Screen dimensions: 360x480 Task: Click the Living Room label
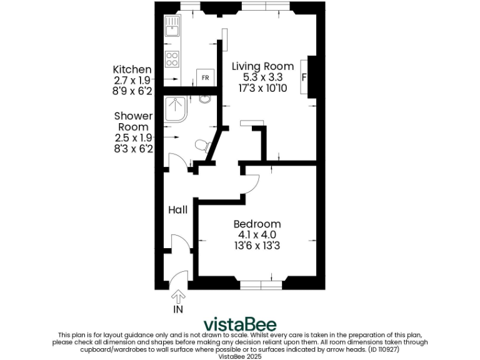click(x=262, y=66)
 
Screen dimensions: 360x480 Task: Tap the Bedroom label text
click(x=257, y=224)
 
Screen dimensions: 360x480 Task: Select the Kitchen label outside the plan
click(x=132, y=69)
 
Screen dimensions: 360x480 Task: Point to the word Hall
click(x=177, y=210)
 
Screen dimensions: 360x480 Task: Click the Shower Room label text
click(x=133, y=121)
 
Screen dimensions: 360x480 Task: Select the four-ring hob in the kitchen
click(x=172, y=60)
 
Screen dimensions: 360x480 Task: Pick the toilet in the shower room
click(x=202, y=146)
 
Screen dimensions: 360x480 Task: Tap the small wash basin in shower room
click(x=204, y=99)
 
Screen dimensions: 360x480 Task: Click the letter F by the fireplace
click(x=304, y=77)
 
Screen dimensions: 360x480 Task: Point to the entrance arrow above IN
click(x=178, y=295)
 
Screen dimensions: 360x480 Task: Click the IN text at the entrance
click(x=178, y=308)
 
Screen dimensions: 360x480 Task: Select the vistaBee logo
click(x=240, y=324)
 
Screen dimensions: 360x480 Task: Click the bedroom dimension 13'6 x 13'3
click(x=257, y=246)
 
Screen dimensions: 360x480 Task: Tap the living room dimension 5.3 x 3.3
click(x=262, y=77)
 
